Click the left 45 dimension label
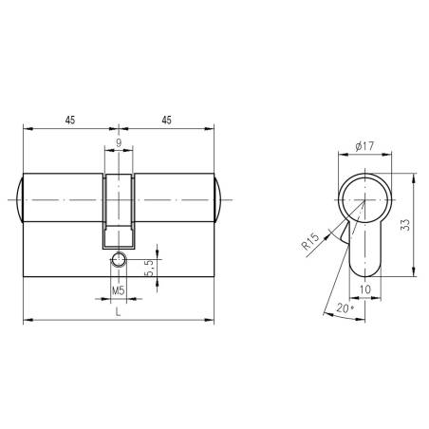pos(70,121)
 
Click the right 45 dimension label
pos(167,121)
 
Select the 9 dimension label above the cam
pos(119,142)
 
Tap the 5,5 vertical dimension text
pos(150,268)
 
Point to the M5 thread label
pos(119,290)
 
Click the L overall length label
pos(118,312)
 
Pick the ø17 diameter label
pos(364,146)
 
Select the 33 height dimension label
pos(405,224)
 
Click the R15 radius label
pos(310,241)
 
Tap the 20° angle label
pos(345,308)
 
